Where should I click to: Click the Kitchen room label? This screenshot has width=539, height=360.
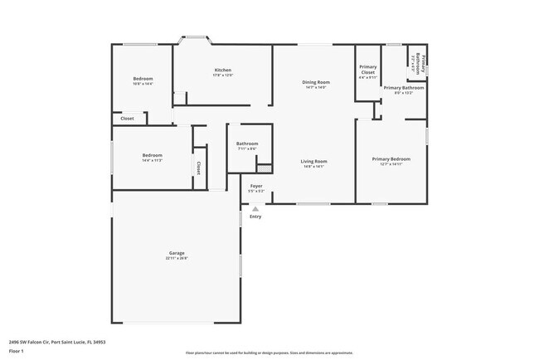(222, 70)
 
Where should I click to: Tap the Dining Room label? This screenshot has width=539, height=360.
(316, 81)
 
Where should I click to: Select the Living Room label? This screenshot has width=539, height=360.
(313, 161)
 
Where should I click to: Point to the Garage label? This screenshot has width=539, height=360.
(177, 253)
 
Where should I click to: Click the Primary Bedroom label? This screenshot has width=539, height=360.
(391, 158)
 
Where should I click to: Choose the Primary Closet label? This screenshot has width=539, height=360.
(367, 70)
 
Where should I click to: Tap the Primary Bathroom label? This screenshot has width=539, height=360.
(404, 87)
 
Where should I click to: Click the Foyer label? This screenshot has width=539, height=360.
(256, 186)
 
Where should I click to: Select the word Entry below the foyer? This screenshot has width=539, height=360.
(255, 216)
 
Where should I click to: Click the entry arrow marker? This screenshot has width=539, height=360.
(255, 209)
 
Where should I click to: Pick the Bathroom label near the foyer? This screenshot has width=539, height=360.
(247, 144)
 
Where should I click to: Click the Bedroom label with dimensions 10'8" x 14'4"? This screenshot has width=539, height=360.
(142, 79)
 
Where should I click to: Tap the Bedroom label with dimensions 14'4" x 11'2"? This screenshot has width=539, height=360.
(152, 155)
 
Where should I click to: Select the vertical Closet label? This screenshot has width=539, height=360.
(199, 168)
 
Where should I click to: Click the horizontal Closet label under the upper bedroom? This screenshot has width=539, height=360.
(127, 119)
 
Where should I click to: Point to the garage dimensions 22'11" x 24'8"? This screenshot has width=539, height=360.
(177, 258)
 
